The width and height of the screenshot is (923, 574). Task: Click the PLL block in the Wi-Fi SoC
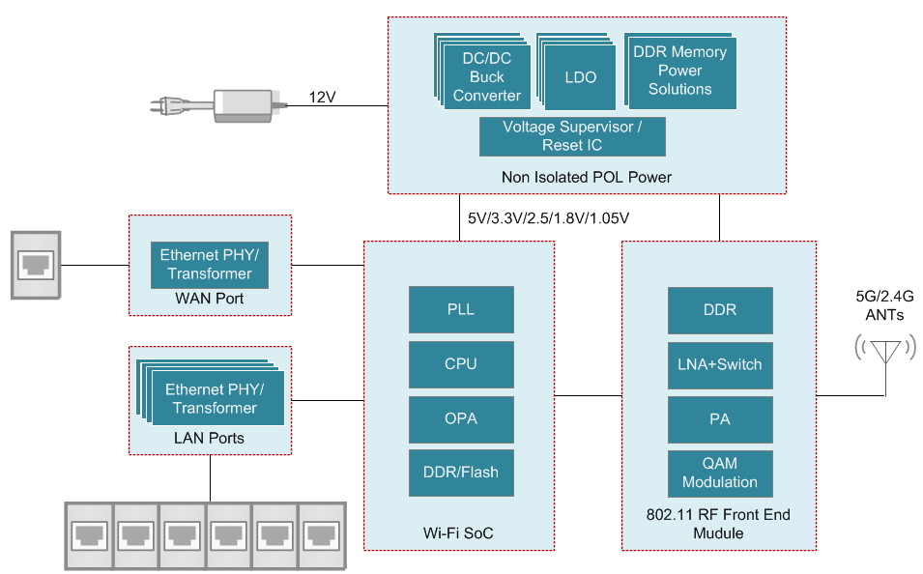pyautogui.click(x=461, y=311)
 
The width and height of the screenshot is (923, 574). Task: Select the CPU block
pyautogui.click(x=461, y=364)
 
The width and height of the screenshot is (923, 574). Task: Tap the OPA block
pyautogui.click(x=461, y=418)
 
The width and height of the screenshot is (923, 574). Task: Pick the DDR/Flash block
pyautogui.click(x=461, y=473)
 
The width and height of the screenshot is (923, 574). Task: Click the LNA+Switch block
pyautogui.click(x=720, y=364)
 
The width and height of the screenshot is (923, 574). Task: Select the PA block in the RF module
pyautogui.click(x=720, y=418)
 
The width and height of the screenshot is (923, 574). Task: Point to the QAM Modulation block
pyautogui.click(x=720, y=473)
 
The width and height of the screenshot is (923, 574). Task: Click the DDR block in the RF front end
pyautogui.click(x=720, y=311)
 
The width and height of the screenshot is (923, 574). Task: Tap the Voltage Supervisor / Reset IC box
pyautogui.click(x=572, y=136)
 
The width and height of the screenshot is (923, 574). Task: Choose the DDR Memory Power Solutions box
pyautogui.click(x=680, y=72)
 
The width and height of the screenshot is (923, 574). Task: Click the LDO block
pyautogui.click(x=579, y=77)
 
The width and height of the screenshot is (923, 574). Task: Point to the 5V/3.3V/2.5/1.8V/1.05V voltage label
pyautogui.click(x=548, y=219)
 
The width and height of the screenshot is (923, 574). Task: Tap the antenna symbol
pyautogui.click(x=885, y=351)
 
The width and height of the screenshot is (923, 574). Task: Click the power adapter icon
pyautogui.click(x=242, y=103)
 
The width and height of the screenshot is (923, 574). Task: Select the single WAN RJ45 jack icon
pyautogui.click(x=36, y=264)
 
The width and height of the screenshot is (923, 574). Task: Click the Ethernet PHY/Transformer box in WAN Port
pyautogui.click(x=210, y=264)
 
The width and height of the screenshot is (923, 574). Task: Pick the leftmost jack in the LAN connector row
pyautogui.click(x=88, y=533)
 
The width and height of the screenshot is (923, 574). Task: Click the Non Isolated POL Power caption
pyautogui.click(x=586, y=177)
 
